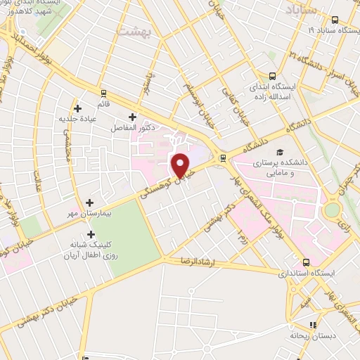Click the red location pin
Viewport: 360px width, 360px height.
181,165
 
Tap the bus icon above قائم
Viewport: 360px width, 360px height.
104,93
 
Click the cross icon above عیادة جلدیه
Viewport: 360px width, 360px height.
78,108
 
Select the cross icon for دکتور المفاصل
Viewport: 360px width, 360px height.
132,117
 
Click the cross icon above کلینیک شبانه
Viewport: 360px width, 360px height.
90,234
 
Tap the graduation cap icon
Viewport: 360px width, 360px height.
280,153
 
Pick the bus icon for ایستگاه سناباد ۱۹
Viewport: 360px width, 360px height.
335,20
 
